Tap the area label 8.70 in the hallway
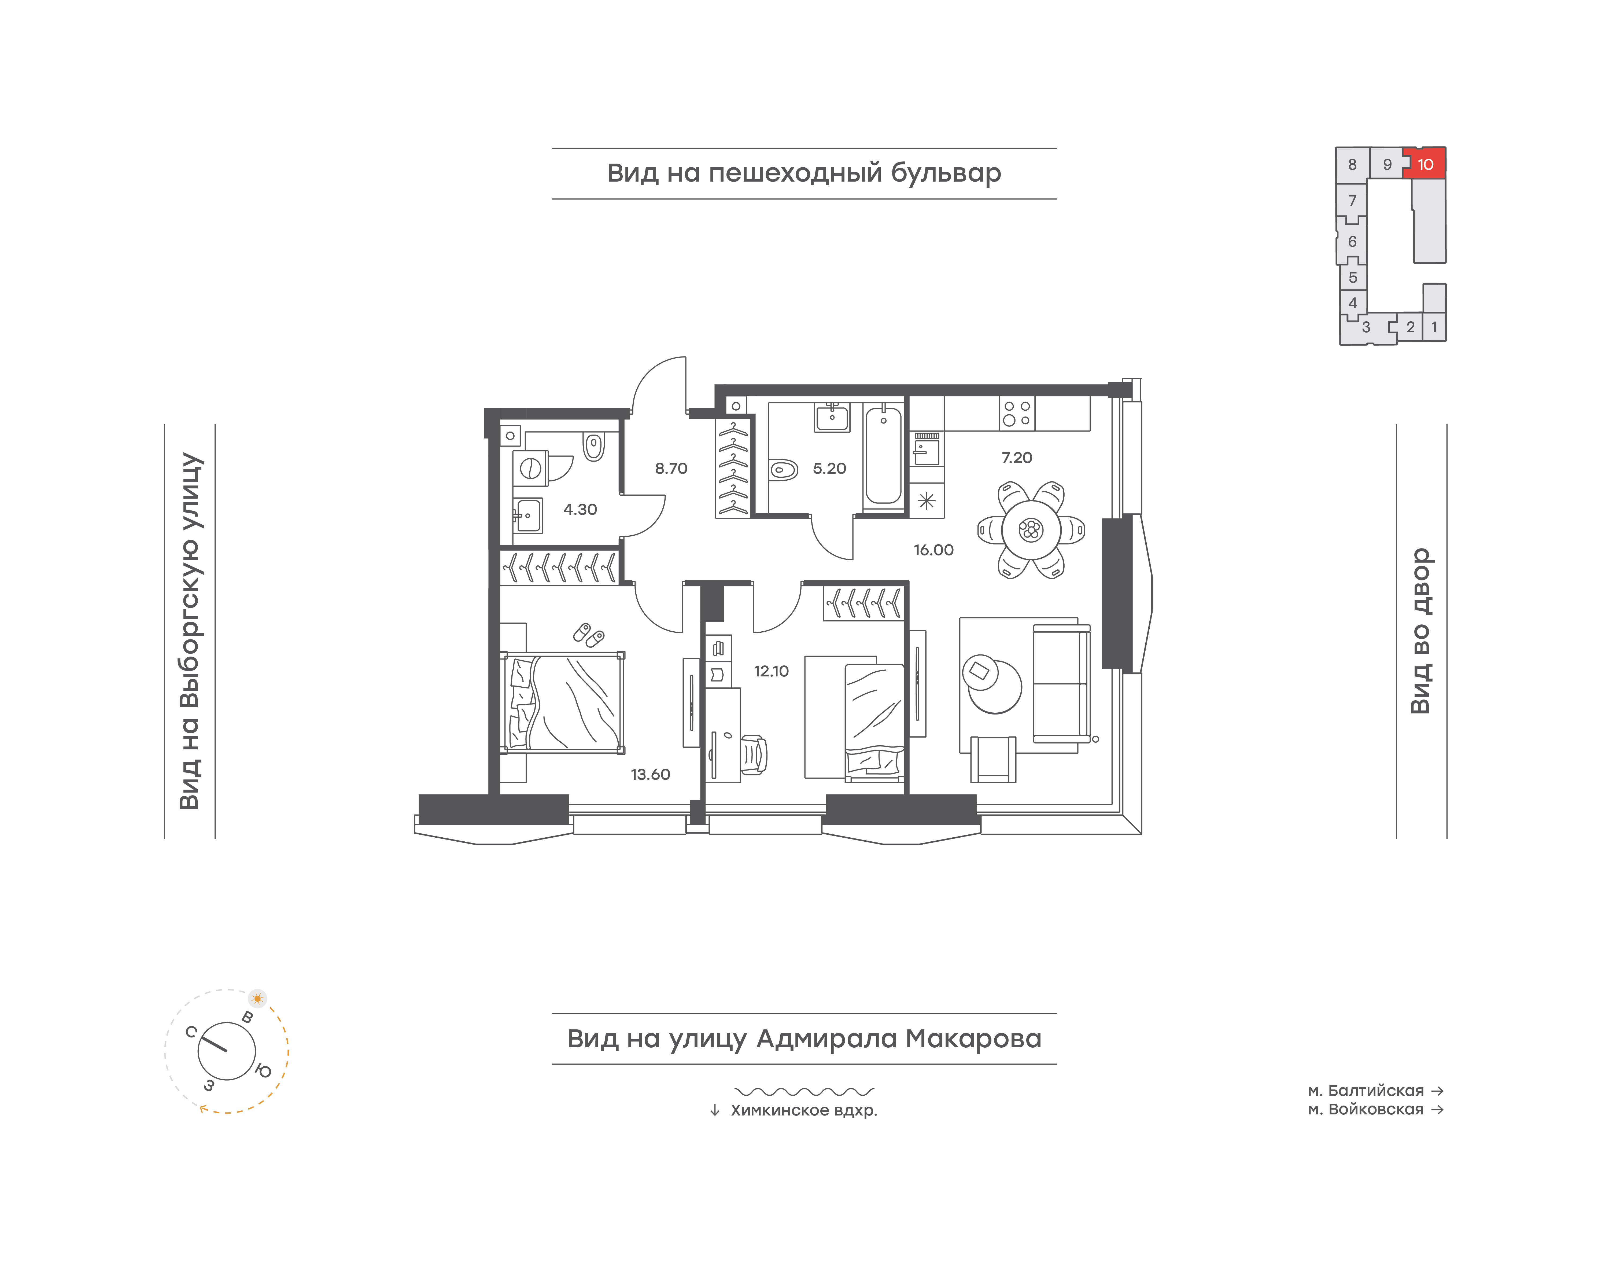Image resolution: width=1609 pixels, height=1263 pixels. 671,468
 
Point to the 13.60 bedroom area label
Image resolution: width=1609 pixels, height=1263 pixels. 650,774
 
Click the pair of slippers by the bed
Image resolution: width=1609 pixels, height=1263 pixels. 589,634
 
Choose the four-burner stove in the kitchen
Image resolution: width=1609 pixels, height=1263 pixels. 1017,413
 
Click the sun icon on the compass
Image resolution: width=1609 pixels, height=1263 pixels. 257,998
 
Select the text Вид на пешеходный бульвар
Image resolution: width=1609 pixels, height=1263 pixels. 804,173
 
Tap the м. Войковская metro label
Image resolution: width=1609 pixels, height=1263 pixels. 1366,1109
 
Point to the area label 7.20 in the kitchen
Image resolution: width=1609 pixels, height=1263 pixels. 1017,458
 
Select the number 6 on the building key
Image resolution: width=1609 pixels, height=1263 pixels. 1352,241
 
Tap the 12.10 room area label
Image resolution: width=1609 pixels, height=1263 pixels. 771,671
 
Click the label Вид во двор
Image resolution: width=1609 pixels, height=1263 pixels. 1420,631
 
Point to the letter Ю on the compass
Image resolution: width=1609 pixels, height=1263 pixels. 263,1070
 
